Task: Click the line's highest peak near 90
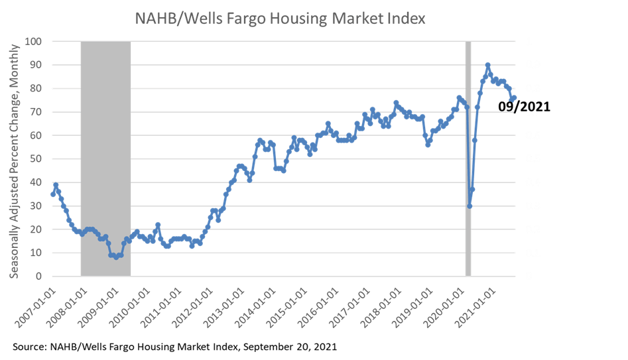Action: (x=488, y=65)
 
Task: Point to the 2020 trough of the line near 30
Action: (x=470, y=206)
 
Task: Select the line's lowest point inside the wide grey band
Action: (x=116, y=257)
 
